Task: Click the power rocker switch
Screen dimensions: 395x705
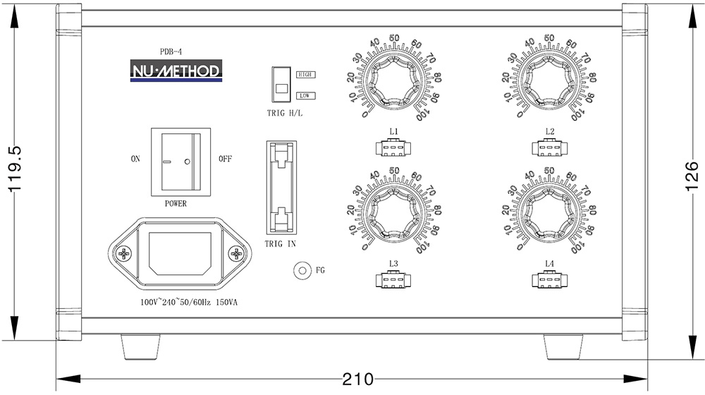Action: click(180, 161)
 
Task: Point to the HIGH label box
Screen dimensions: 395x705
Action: click(306, 74)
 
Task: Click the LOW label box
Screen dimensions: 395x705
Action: click(306, 95)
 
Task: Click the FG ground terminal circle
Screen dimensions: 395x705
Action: click(302, 271)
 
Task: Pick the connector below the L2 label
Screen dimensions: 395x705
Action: click(550, 148)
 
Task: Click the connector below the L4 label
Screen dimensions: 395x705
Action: click(550, 281)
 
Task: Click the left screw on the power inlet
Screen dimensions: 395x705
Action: click(125, 253)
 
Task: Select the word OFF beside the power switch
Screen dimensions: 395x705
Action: click(225, 159)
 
